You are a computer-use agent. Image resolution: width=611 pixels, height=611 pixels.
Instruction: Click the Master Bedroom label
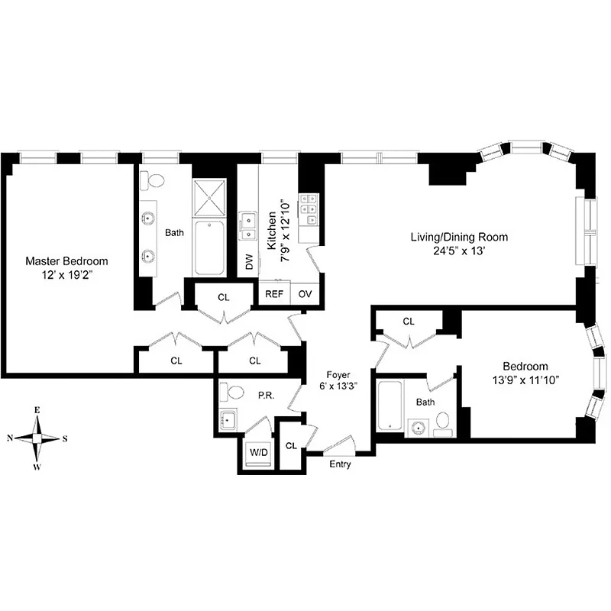66,260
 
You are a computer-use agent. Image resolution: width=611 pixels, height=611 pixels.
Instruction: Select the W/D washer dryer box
256,452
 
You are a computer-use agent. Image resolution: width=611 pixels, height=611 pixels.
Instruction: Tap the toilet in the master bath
156,181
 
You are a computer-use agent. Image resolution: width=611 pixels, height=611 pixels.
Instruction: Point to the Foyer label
338,375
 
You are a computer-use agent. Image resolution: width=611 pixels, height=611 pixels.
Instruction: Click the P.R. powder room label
265,395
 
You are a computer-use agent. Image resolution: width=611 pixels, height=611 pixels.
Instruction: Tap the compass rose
36,438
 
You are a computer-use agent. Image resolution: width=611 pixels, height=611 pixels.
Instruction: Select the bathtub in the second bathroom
389,404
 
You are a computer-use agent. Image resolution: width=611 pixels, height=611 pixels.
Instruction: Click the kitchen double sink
247,224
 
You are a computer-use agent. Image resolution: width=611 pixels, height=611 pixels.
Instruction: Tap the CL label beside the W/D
291,445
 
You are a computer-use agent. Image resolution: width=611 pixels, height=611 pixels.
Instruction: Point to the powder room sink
228,419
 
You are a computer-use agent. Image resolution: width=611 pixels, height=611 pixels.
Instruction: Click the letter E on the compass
37,410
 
